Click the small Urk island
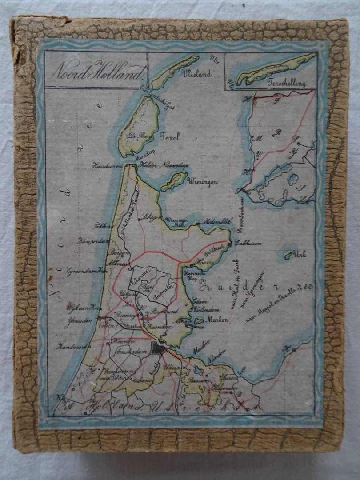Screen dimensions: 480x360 (x=288, y=256)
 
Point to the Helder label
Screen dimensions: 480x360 (x=148, y=165)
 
